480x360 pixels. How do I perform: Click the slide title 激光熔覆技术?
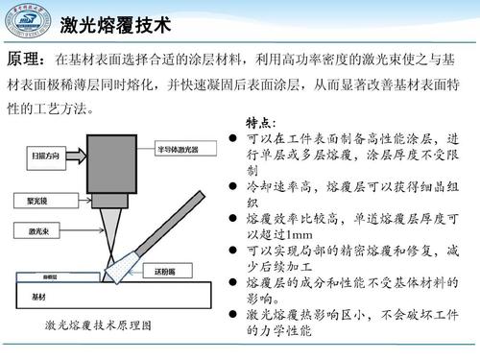click(x=115, y=23)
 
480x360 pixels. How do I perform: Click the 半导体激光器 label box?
click(x=185, y=150)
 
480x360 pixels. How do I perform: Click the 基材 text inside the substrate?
click(x=39, y=297)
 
